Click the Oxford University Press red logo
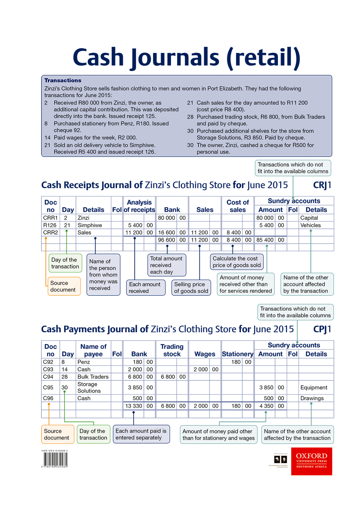click(x=311, y=461)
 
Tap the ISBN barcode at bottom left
click(x=55, y=459)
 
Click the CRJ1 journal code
click(x=322, y=185)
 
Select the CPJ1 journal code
click(x=322, y=329)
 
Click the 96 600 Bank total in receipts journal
click(x=166, y=240)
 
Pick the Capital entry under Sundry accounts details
click(x=309, y=218)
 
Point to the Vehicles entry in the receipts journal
click(x=310, y=225)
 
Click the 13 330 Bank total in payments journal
click(x=133, y=406)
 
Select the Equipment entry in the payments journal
click(x=314, y=387)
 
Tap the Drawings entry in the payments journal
click(x=312, y=398)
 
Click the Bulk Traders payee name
click(x=93, y=377)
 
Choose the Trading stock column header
click(x=172, y=350)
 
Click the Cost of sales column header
click(x=238, y=206)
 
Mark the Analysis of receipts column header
click(x=139, y=206)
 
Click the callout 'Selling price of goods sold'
click(x=191, y=288)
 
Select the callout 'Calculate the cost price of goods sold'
click(x=237, y=262)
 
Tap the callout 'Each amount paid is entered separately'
click(x=141, y=434)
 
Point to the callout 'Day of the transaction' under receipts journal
click(x=65, y=263)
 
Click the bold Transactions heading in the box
click(x=63, y=80)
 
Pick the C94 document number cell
click(x=48, y=377)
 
